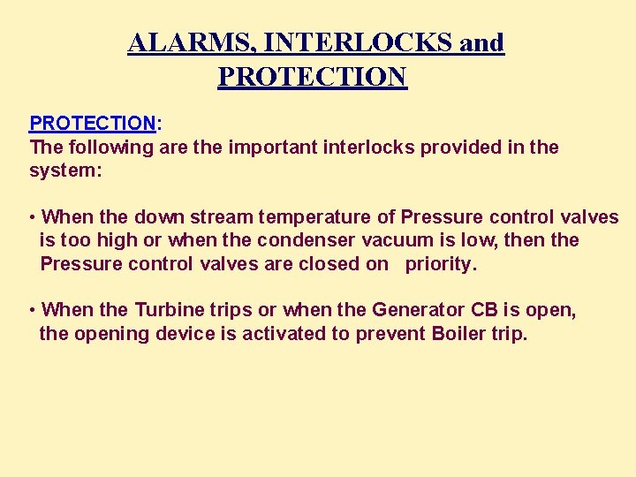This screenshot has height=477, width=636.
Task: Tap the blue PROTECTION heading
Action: [93, 123]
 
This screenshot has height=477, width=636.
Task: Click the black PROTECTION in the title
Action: [312, 77]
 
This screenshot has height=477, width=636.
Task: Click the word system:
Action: [66, 170]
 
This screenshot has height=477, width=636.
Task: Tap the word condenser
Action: [310, 240]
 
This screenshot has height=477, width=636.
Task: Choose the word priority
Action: [440, 263]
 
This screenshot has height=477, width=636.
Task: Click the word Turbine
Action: [169, 310]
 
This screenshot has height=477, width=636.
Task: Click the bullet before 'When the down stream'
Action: [32, 217]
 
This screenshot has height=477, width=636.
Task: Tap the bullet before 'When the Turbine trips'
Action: [32, 310]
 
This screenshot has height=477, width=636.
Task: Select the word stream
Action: [224, 217]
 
